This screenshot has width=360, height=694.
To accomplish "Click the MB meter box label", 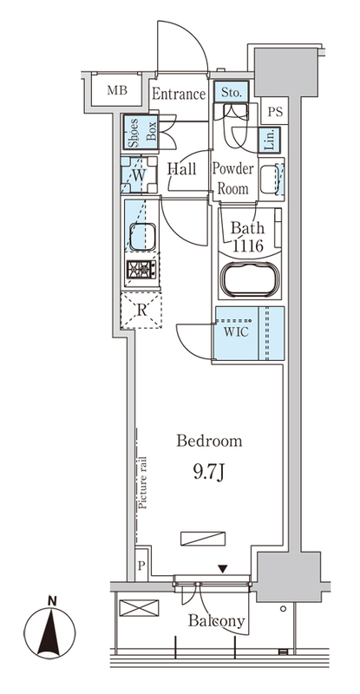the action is (117, 91).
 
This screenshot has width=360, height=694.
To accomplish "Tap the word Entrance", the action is (179, 94).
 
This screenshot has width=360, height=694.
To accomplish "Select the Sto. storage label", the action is (231, 93).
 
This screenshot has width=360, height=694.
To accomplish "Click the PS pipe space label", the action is (275, 112).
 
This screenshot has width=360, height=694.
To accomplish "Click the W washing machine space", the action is (139, 175).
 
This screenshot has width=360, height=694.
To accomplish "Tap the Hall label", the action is (181, 168).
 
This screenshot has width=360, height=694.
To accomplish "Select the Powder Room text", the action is (232, 179).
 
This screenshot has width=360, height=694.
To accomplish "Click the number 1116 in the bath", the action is (247, 245).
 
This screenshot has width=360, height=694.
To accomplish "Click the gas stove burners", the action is (141, 268).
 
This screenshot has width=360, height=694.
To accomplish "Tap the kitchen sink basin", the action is (142, 236).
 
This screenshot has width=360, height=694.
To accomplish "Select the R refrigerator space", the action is (141, 310).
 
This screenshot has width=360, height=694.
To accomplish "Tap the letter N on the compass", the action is (53, 600).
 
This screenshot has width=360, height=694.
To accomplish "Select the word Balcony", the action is (216, 620).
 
